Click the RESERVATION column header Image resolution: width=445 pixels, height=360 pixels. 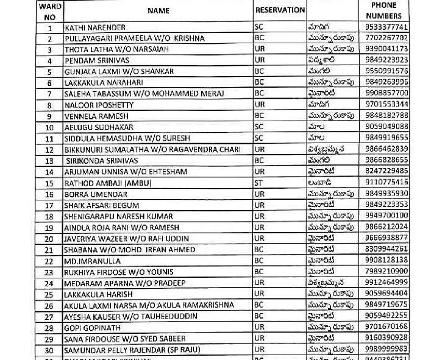coord(280,10)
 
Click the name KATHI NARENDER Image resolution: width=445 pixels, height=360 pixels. coord(96,27)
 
